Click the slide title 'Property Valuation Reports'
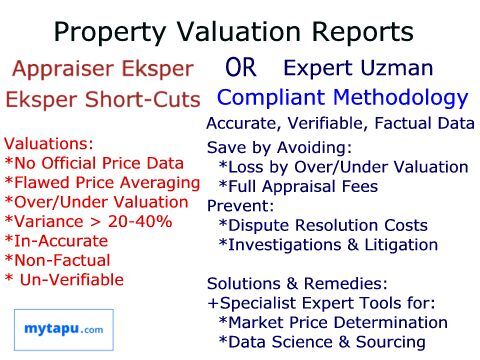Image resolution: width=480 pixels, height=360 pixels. coord(233,32)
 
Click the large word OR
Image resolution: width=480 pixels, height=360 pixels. coord(243,70)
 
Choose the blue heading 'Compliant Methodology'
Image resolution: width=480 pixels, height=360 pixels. coord(342,99)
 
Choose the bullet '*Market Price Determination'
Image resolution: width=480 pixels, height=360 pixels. coord(333,323)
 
